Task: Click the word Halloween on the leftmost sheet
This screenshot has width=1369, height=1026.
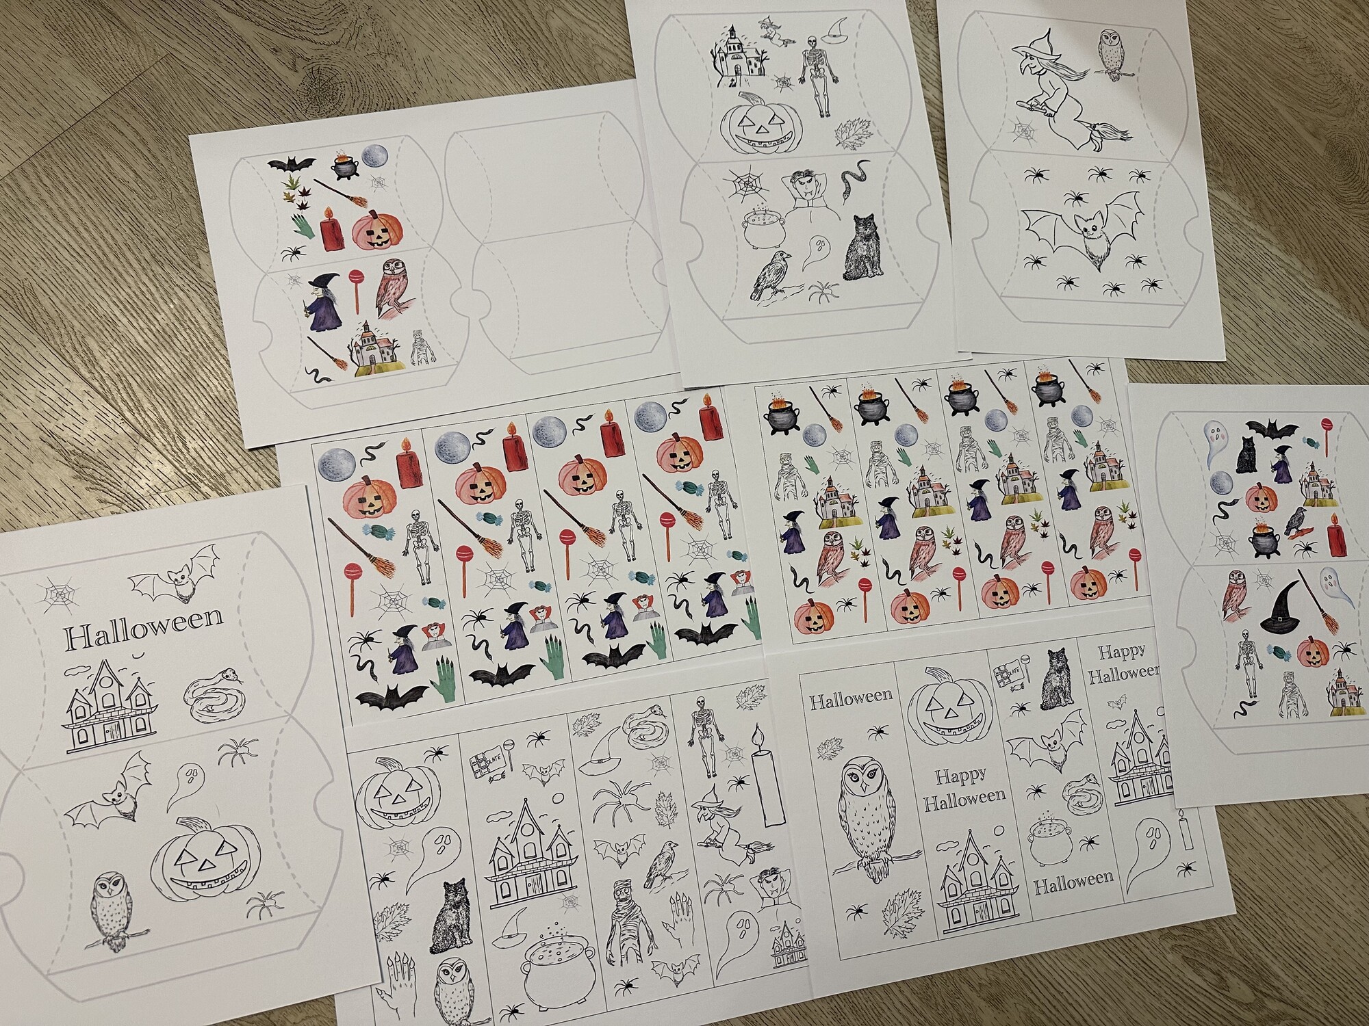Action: click(x=144, y=627)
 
